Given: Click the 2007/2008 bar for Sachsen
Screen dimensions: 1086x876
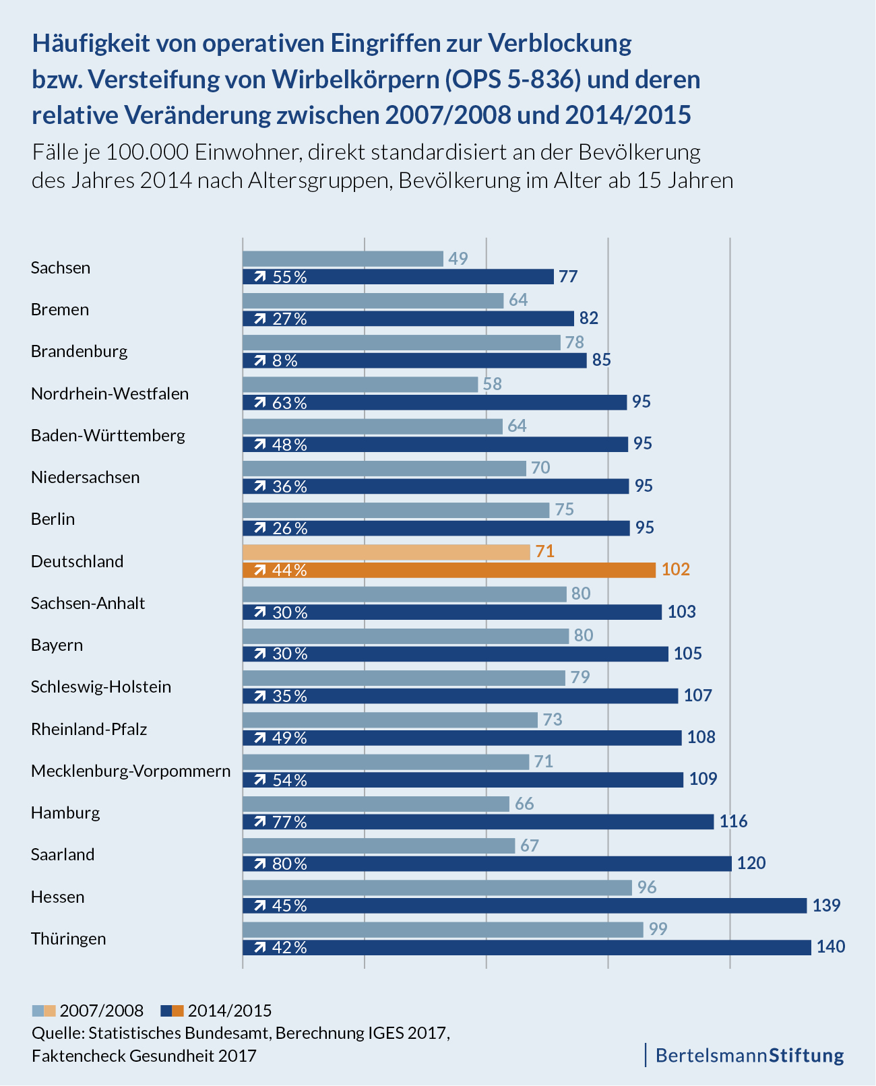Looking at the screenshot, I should coord(343,259).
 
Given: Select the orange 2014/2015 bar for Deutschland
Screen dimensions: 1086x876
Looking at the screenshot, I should coord(449,570).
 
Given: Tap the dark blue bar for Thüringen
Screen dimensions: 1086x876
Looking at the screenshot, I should coord(526,947).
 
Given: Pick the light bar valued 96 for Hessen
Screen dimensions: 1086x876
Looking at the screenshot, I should coord(437,887).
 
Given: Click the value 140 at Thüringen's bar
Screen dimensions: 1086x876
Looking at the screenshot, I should coord(830,947).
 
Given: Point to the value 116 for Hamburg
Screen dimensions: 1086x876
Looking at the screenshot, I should coord(733,821).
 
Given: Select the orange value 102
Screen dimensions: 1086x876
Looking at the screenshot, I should coord(676,570).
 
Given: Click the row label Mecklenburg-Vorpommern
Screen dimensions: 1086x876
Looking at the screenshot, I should coord(131,771).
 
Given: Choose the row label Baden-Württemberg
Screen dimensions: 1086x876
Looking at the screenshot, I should coord(108,435).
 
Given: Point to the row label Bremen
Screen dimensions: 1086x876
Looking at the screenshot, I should coord(60,309).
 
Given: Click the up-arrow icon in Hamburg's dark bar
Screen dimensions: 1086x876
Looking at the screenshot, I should coord(259,822).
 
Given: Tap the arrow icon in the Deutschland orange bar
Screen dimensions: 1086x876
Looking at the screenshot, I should coord(259,571).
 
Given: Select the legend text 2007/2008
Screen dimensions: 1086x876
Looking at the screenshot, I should coord(102,1011).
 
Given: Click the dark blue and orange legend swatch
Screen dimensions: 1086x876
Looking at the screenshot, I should coord(172,1011).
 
